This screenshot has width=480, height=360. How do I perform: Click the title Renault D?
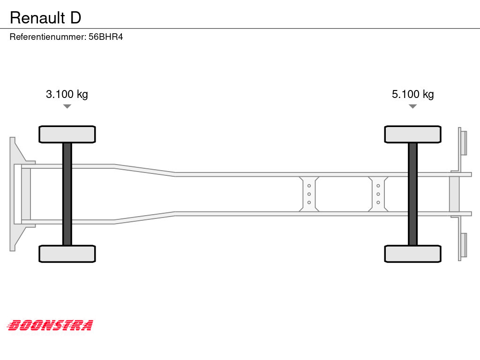(x=45, y=18)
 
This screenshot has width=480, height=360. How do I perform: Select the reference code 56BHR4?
(x=105, y=37)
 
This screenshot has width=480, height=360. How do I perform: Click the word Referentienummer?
(x=47, y=37)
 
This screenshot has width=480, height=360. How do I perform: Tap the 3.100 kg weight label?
(x=67, y=94)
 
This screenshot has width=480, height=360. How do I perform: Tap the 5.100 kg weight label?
(x=412, y=94)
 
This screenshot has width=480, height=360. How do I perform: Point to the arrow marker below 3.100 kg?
(x=67, y=106)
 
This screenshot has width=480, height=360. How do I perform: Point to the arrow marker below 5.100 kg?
(x=412, y=106)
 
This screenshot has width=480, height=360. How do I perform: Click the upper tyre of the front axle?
(x=67, y=135)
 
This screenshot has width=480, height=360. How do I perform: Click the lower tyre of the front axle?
(x=67, y=254)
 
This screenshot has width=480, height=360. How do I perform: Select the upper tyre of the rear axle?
(x=412, y=135)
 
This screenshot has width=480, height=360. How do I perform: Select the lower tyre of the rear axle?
(x=412, y=254)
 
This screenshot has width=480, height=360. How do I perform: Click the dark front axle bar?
(x=67, y=194)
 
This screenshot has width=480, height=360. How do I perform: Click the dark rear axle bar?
(x=412, y=194)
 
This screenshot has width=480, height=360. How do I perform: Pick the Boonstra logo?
(x=50, y=325)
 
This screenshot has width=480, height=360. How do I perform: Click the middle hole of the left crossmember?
(x=309, y=194)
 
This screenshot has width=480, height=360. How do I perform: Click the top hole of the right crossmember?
(x=378, y=186)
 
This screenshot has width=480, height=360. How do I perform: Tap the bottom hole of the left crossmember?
(x=309, y=202)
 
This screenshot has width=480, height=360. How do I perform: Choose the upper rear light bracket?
(x=464, y=143)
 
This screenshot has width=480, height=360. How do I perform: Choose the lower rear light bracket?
(x=464, y=245)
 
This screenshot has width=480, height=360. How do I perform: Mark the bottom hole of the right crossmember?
(x=378, y=202)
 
